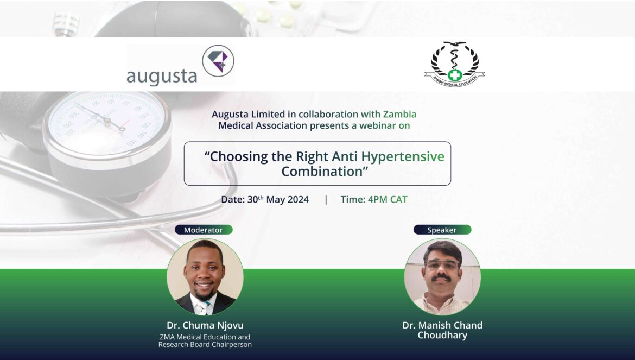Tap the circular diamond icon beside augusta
point(218,61)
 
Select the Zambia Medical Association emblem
point(454,64)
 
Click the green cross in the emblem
point(455,75)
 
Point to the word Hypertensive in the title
point(403,156)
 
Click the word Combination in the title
point(322,171)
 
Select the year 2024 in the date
point(298,200)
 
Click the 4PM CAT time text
point(388,199)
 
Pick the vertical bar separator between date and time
point(326,200)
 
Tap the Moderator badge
point(204,230)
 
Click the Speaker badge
point(442,230)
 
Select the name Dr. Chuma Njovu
point(205,325)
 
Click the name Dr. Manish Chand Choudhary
point(442,330)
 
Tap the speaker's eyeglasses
point(442,264)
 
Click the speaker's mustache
point(441,277)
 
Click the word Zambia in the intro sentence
point(399,114)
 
